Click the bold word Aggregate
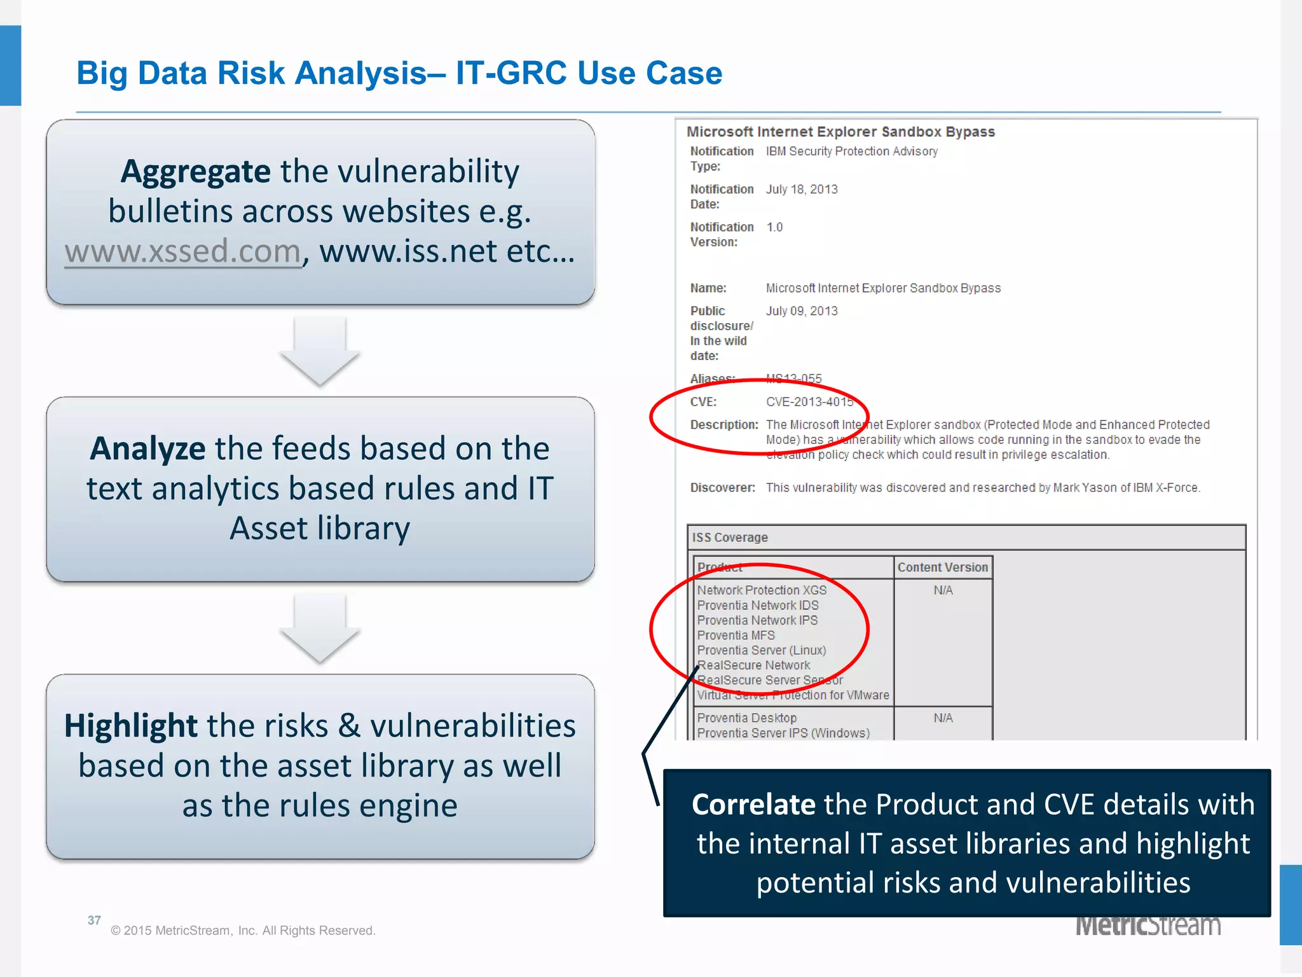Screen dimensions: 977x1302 pos(195,172)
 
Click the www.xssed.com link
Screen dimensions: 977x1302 pos(182,251)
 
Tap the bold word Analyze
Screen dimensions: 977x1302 pos(147,448)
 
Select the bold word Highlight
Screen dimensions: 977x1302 pos(131,726)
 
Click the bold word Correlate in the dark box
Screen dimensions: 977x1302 pos(753,805)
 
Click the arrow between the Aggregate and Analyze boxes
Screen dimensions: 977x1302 pos(320,352)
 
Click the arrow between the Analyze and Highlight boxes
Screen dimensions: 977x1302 pos(320,629)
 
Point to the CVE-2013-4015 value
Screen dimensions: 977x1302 pos(809,402)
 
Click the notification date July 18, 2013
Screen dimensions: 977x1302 pos(802,190)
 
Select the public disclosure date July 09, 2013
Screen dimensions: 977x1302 pos(802,311)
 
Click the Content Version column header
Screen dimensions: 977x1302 pos(942,567)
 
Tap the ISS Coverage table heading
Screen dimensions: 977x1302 pos(730,537)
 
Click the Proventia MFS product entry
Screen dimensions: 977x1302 pos(736,635)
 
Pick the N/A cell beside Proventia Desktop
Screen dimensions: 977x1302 pos(943,718)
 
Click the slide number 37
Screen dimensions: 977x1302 pos(94,920)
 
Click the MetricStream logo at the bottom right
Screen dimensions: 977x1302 pos(1148,926)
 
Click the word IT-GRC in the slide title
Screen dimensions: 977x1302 pos(511,73)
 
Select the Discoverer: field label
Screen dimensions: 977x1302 pos(722,488)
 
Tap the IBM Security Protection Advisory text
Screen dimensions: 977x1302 pos(851,151)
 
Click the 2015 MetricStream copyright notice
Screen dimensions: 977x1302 pos(243,931)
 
